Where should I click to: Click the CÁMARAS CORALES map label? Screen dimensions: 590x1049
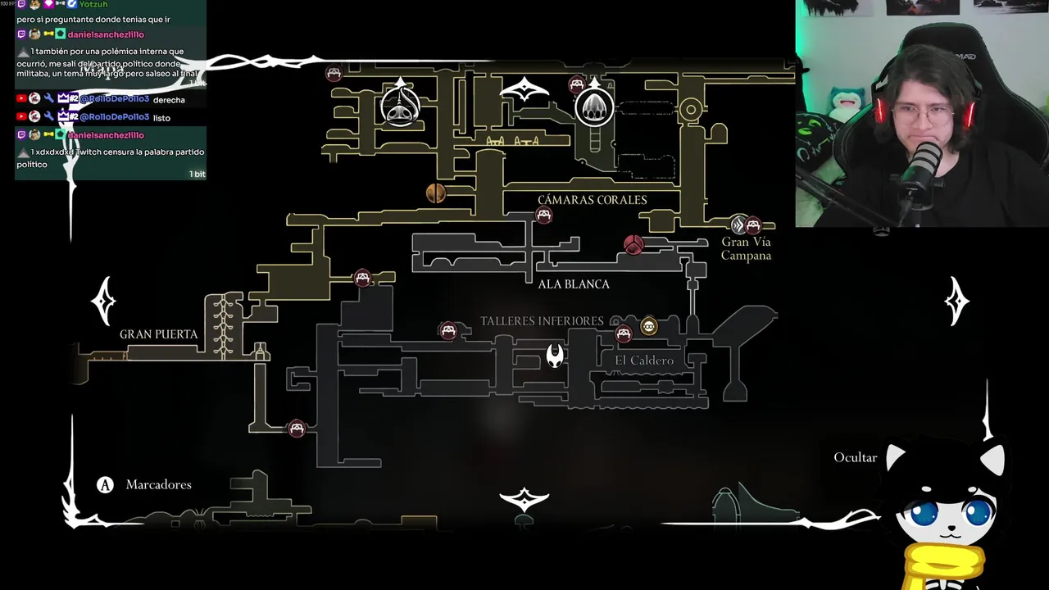click(592, 200)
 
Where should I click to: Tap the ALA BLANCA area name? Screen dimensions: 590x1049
click(574, 284)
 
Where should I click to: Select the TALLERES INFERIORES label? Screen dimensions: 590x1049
click(542, 321)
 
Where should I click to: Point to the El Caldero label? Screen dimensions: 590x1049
click(644, 361)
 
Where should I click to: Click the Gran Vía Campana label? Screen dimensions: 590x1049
click(746, 248)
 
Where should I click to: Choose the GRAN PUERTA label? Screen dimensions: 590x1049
click(158, 334)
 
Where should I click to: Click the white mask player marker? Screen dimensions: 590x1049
click(555, 355)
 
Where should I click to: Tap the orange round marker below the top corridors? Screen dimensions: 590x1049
click(436, 193)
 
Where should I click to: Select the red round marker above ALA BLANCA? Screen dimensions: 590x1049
click(633, 244)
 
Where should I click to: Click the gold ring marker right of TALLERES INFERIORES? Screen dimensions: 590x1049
click(649, 327)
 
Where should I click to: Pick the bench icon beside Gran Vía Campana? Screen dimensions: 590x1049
click(753, 225)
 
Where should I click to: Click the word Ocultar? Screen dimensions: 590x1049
click(855, 457)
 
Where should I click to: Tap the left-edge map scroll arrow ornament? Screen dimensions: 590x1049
click(103, 301)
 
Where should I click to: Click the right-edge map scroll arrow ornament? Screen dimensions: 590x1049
click(957, 301)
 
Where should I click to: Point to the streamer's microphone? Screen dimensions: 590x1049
click(925, 164)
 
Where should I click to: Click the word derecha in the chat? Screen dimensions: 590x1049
click(169, 100)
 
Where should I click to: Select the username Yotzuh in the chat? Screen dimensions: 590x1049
click(93, 4)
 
